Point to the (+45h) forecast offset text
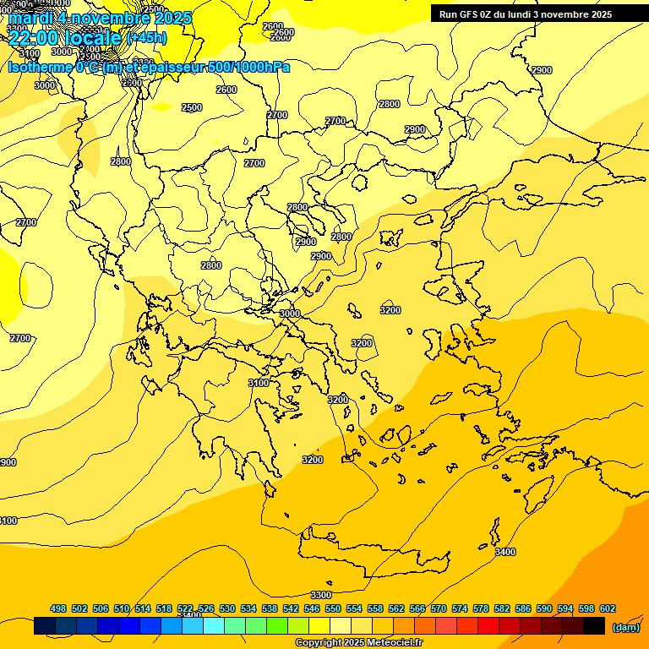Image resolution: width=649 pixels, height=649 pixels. click(x=147, y=37)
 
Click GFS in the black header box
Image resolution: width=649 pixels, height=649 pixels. click(x=469, y=14)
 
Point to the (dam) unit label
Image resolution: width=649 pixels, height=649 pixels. click(x=625, y=627)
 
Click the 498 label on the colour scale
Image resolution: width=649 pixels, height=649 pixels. click(x=58, y=608)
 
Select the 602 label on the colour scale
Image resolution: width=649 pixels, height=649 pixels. click(x=608, y=608)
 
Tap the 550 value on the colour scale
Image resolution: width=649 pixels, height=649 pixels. click(x=333, y=608)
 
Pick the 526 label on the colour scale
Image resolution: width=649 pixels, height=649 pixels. click(x=206, y=608)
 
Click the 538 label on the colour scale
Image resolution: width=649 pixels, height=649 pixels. click(x=270, y=608)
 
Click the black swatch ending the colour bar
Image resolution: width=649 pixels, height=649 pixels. click(x=594, y=626)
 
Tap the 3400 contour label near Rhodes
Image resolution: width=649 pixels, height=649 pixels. click(x=504, y=552)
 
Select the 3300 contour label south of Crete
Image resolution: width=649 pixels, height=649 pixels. click(x=321, y=595)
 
